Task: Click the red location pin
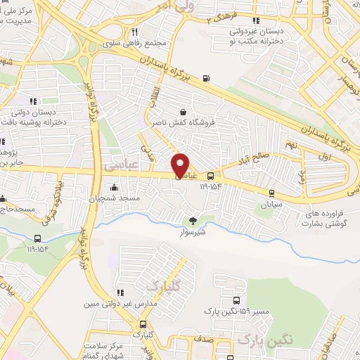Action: [181, 165]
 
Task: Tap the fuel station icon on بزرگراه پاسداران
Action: [205, 78]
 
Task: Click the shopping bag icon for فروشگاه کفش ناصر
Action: [184, 111]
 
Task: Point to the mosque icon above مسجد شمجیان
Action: [113, 186]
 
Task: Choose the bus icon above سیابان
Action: [271, 192]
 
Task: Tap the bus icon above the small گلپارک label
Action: [143, 324]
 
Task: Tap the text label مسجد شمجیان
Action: [114, 199]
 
